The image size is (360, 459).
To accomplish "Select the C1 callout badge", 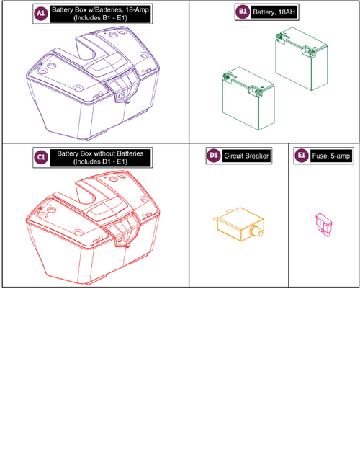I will (x=42, y=157).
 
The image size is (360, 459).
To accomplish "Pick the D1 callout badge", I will (x=213, y=155).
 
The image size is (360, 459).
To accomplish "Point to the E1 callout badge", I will (x=300, y=155).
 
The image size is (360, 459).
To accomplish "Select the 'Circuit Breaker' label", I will (x=244, y=155).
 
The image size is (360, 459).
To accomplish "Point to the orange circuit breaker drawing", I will (x=234, y=226).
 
